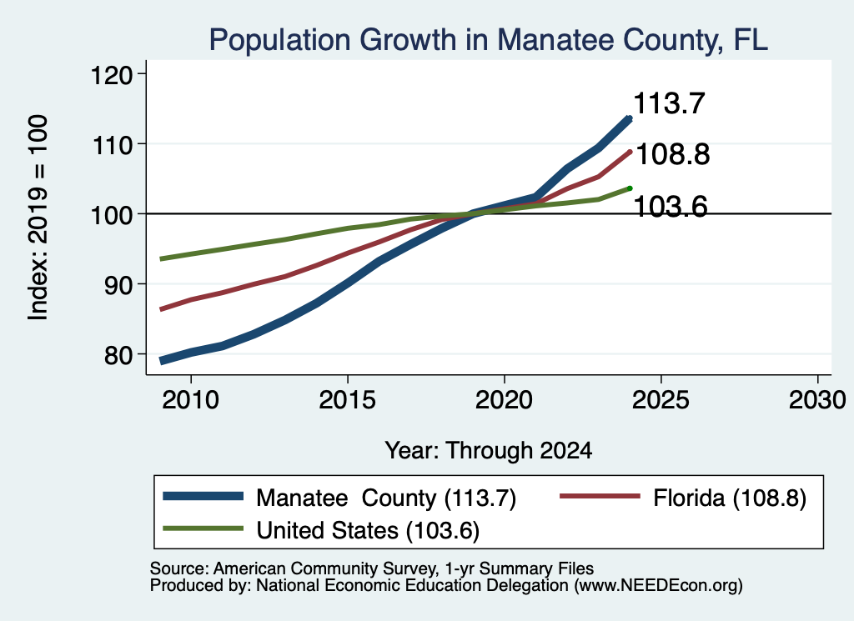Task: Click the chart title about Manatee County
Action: click(489, 40)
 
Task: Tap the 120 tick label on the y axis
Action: click(112, 74)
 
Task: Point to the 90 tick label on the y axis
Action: click(118, 284)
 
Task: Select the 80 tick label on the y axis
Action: click(118, 355)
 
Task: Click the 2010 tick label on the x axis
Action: click(191, 400)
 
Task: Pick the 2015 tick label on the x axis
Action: click(348, 400)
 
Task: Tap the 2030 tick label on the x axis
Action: click(817, 400)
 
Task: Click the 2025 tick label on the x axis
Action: click(661, 400)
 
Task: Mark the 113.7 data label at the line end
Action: click(670, 103)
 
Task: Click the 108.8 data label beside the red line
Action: click(673, 154)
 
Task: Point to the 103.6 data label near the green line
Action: click(671, 207)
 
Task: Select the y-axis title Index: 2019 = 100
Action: click(38, 218)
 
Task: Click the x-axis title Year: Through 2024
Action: click(489, 451)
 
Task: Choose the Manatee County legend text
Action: click(386, 498)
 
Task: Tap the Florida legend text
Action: click(730, 498)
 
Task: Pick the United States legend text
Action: click(368, 531)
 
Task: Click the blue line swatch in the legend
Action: click(203, 496)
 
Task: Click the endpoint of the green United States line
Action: click(630, 188)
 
